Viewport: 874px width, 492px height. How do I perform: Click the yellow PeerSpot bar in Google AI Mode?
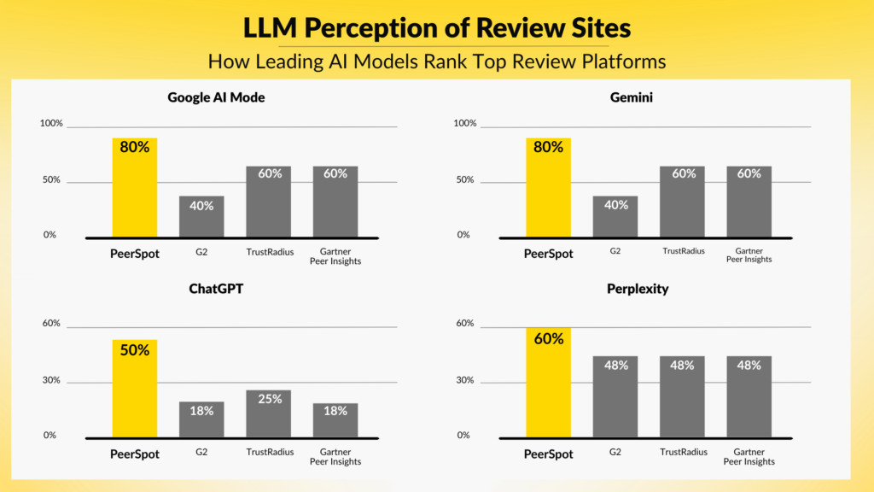[135, 188]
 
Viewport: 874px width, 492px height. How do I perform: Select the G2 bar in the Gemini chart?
[615, 217]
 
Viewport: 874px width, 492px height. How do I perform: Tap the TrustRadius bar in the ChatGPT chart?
[269, 413]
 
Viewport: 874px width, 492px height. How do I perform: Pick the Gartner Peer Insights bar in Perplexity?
[749, 396]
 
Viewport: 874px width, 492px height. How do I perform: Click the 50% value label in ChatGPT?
[135, 350]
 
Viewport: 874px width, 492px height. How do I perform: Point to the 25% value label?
[269, 399]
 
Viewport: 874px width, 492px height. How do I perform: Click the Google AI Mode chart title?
[216, 97]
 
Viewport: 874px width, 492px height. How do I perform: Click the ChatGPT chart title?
[216, 289]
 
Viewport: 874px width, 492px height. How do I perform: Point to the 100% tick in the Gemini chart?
[465, 124]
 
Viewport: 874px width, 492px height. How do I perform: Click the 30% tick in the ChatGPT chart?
[52, 380]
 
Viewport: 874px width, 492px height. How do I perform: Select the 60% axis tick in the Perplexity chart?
[465, 324]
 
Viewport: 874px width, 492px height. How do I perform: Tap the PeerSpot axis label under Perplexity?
[548, 454]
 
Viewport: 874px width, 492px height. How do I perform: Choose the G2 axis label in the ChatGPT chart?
[201, 452]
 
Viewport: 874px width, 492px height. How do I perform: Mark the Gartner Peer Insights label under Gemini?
[749, 256]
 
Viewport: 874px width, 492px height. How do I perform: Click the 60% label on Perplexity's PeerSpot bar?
[548, 339]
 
